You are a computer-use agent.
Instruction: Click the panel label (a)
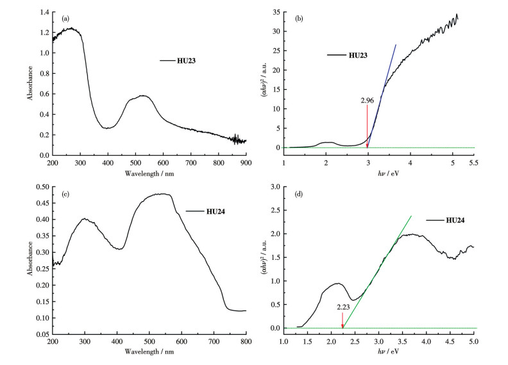pos(65,18)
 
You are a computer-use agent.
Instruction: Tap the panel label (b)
pos(299,18)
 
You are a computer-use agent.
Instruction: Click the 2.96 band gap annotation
pos(367,101)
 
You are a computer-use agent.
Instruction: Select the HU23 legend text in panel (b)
pos(359,55)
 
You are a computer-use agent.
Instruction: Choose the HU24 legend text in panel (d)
pos(453,220)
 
